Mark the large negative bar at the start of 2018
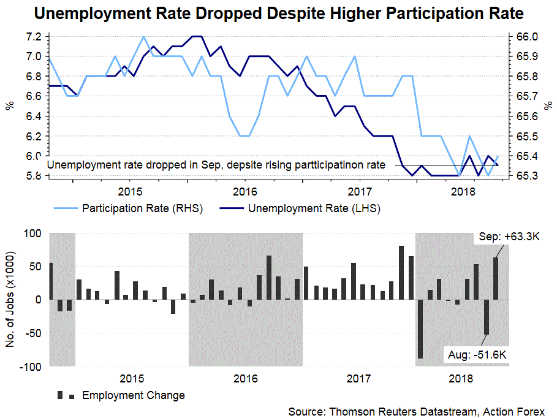[x=420, y=329]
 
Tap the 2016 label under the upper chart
[x=244, y=190]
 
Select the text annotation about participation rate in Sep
[x=216, y=165]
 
